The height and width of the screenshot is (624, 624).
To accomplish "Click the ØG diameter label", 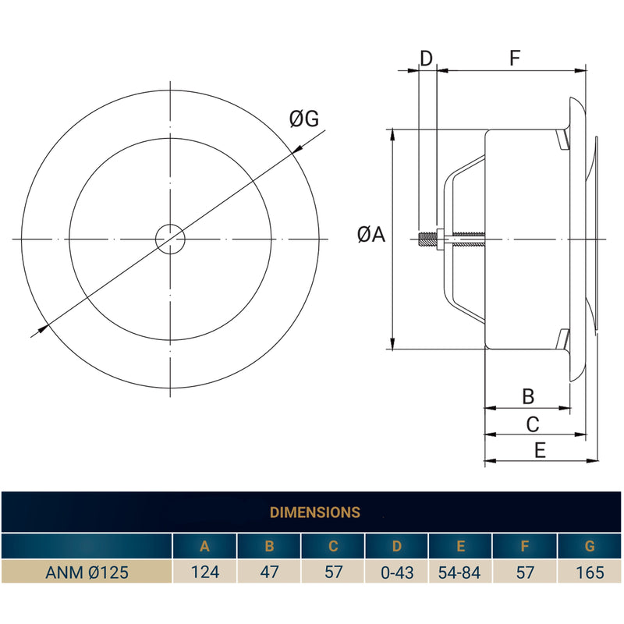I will coord(303,119).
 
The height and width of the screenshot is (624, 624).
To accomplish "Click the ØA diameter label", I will coord(371,234).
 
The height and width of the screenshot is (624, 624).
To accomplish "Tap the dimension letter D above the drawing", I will coord(426,58).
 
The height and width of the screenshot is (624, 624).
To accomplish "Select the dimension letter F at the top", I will coord(515,58).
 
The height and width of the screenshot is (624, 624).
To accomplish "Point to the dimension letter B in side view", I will coord(528,396).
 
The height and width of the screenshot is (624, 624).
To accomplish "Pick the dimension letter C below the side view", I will coord(533,424).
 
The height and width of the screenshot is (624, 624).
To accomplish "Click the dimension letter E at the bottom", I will coord(540,450).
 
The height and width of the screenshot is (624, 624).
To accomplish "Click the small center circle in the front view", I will coord(169,239).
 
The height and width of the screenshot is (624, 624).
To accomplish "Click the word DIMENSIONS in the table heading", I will coord(314,512).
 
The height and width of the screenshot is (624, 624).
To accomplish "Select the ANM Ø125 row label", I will coord(87,573).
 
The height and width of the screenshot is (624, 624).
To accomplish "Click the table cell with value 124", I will coord(205,573).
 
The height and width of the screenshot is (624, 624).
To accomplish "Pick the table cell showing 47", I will coord(269,573).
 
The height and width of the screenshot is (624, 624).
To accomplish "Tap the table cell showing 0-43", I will coord(397,573).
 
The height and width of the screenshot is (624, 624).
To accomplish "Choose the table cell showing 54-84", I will coord(461,573).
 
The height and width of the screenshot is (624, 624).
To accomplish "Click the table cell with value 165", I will coord(590,573).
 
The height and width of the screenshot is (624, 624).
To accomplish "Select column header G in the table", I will coord(590,547).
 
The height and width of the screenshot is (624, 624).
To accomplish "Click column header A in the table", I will coord(205,547).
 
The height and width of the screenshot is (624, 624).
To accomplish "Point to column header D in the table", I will coord(397,547).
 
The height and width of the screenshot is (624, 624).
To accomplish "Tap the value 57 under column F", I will coord(525,573).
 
